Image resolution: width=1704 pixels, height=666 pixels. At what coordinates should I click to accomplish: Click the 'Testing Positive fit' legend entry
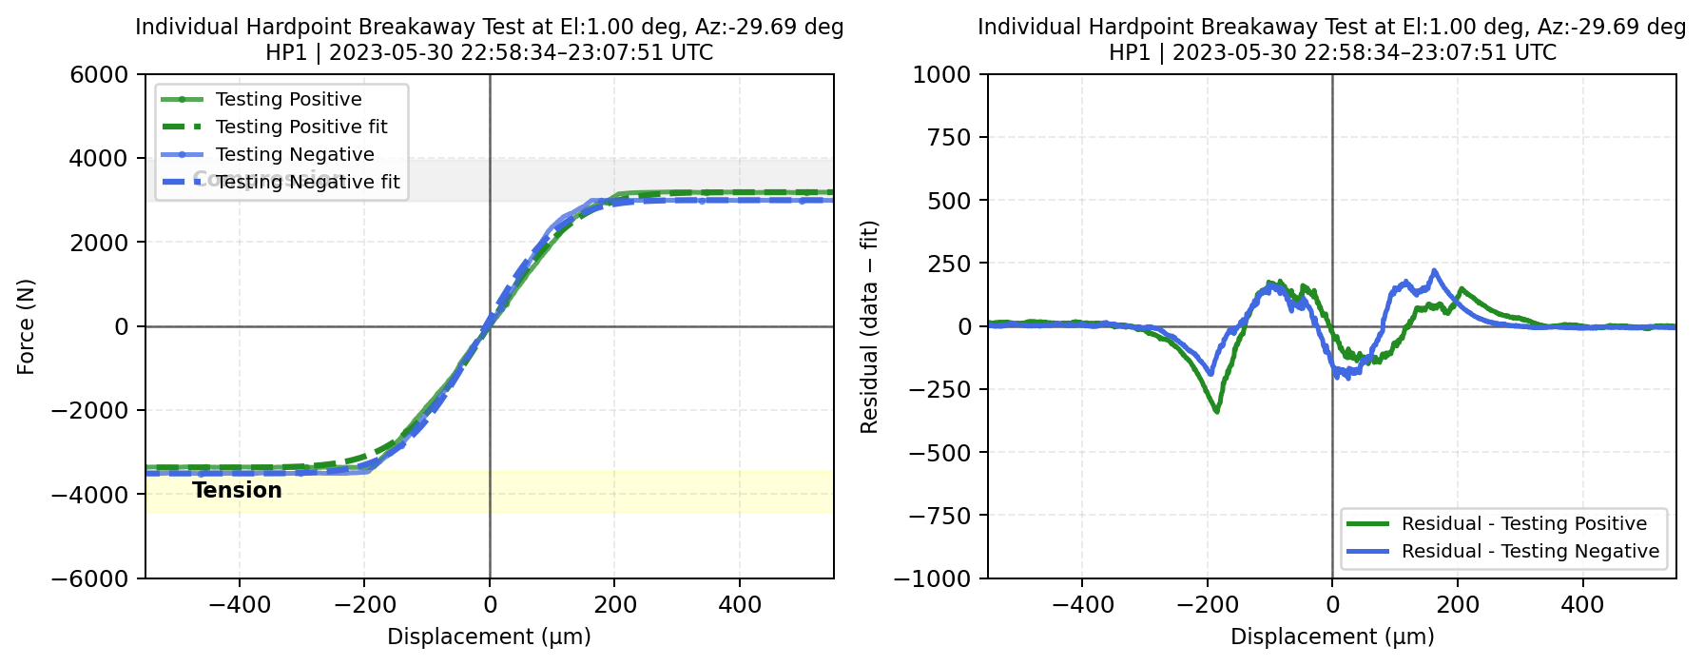pos(301,127)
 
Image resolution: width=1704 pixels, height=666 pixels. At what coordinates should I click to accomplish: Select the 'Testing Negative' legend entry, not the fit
pos(295,154)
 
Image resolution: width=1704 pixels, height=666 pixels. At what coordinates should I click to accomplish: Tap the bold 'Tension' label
pos(237,490)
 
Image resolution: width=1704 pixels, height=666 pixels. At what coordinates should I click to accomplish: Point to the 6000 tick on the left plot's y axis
pos(100,74)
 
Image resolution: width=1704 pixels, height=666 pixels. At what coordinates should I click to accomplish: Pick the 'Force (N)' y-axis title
pos(26,326)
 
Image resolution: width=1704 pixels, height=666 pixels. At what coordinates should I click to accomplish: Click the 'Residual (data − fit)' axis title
pos(869,326)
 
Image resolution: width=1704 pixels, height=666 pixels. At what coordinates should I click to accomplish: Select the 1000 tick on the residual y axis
pos(941,74)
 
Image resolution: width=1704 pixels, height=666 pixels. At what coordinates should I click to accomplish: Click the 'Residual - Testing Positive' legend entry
pos(1523,523)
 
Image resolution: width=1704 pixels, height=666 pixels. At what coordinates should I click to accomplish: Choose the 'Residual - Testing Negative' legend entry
pos(1530,551)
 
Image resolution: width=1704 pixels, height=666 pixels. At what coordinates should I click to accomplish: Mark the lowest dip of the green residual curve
pos(1217,411)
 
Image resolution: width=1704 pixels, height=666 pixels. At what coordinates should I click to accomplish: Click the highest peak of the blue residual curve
pos(1434,270)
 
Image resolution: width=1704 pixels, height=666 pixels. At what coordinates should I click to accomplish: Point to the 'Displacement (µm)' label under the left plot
pos(489,637)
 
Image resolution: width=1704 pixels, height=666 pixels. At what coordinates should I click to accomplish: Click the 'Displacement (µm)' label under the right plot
pos(1332,637)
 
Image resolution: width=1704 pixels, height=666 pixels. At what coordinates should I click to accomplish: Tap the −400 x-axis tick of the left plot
pos(239,604)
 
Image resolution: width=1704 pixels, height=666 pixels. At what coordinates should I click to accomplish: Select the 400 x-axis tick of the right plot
pos(1583,604)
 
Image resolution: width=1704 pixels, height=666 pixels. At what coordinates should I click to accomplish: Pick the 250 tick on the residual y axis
pos(952,263)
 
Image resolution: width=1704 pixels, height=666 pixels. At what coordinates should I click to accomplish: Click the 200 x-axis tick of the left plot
pos(615,604)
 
